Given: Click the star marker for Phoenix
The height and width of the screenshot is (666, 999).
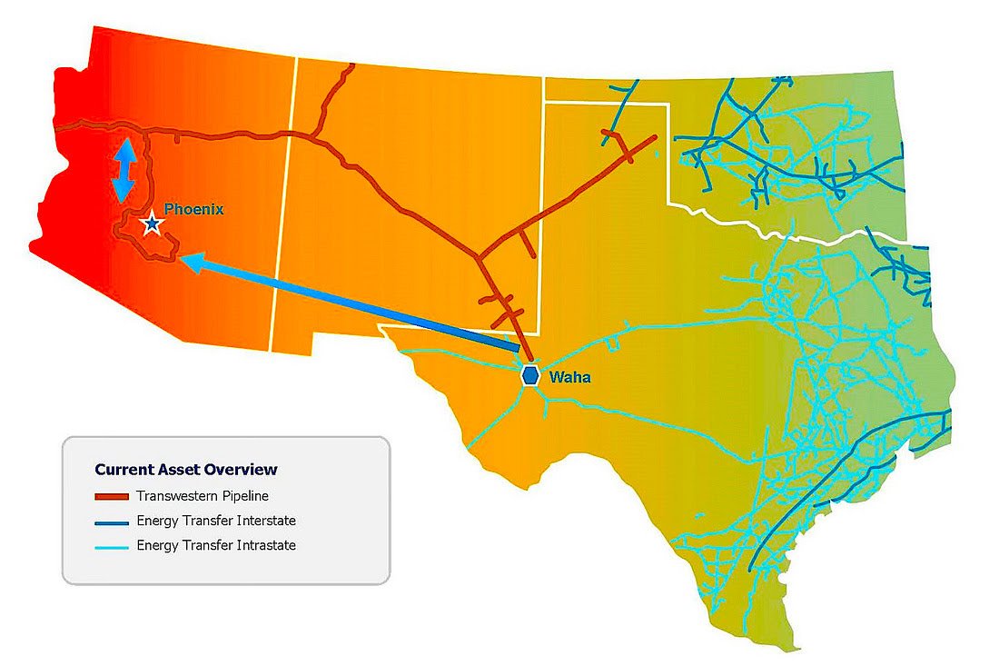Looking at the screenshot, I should coord(152,224).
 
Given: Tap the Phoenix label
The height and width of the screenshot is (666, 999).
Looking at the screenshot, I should coord(193,209).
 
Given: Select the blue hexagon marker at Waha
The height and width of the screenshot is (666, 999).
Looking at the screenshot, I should coord(531,376).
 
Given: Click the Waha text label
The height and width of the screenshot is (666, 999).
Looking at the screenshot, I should coord(570,376).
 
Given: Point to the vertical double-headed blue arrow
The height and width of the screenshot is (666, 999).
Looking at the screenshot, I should coord(124,168).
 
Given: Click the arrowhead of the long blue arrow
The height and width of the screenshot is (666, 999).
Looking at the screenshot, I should coord(186,260).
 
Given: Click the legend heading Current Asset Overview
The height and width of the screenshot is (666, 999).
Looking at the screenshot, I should coord(185,470).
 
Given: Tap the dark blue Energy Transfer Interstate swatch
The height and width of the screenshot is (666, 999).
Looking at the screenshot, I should coord(111,522).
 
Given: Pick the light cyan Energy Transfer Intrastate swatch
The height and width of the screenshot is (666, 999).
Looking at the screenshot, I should coord(111,546).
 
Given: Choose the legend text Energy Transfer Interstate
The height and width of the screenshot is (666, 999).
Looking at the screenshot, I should coord(216,521).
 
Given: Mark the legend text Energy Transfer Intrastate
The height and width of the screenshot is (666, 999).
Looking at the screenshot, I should coord(216,545).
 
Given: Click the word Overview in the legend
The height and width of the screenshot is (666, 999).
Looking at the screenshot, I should coord(244,470).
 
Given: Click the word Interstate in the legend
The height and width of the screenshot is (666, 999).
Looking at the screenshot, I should coord(266,521).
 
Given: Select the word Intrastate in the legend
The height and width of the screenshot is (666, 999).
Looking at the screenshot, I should coord(266,545).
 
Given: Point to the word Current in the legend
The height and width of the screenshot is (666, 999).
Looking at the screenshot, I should coord(122,470).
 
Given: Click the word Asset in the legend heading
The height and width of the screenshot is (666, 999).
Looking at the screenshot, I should coord(181,470).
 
